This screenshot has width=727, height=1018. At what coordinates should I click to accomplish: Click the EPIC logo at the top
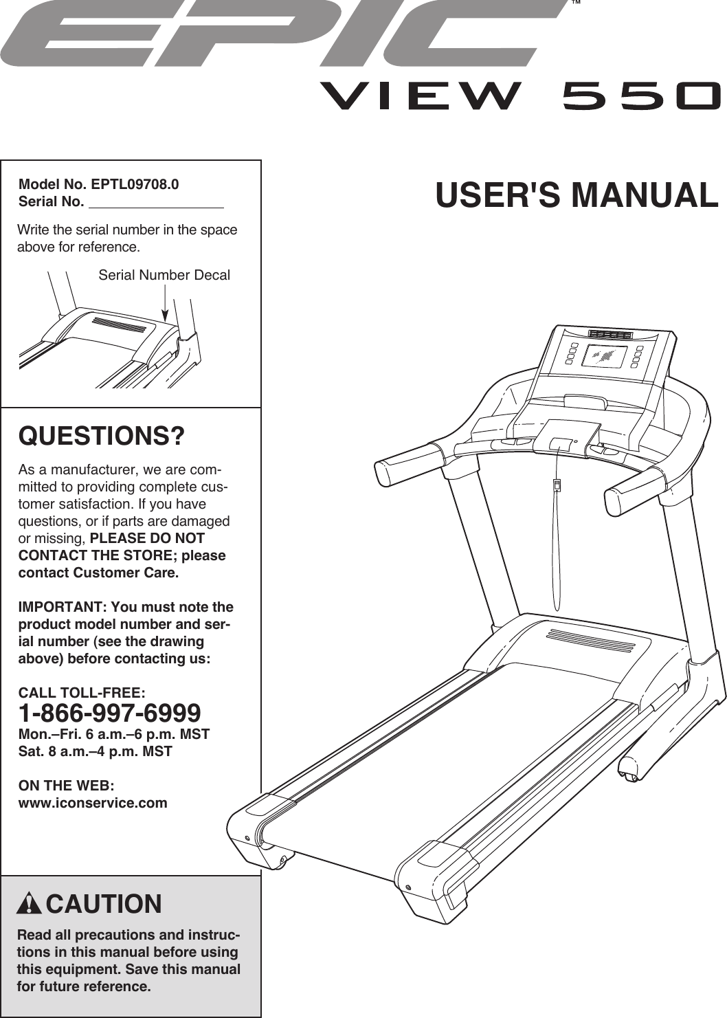point(282,34)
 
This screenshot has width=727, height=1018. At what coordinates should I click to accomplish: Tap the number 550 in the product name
point(640,97)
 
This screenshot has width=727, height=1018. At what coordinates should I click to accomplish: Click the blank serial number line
point(156,203)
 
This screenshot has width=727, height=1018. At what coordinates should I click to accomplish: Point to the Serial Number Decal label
point(164,275)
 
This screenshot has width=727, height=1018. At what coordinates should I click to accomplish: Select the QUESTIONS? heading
point(102,436)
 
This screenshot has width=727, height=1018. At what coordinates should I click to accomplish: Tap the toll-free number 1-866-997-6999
point(110,712)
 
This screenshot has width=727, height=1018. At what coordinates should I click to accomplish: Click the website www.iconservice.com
point(93,803)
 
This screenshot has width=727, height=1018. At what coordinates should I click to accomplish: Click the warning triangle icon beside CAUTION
point(29,903)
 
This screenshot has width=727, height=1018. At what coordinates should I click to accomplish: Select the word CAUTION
point(104,904)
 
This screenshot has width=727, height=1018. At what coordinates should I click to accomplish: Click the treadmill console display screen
point(605,357)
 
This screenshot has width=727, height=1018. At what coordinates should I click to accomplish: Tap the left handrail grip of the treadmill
point(408,465)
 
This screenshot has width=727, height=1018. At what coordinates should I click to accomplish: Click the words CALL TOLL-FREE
point(82,692)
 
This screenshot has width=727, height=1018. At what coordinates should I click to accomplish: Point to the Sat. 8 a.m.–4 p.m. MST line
point(96,751)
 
